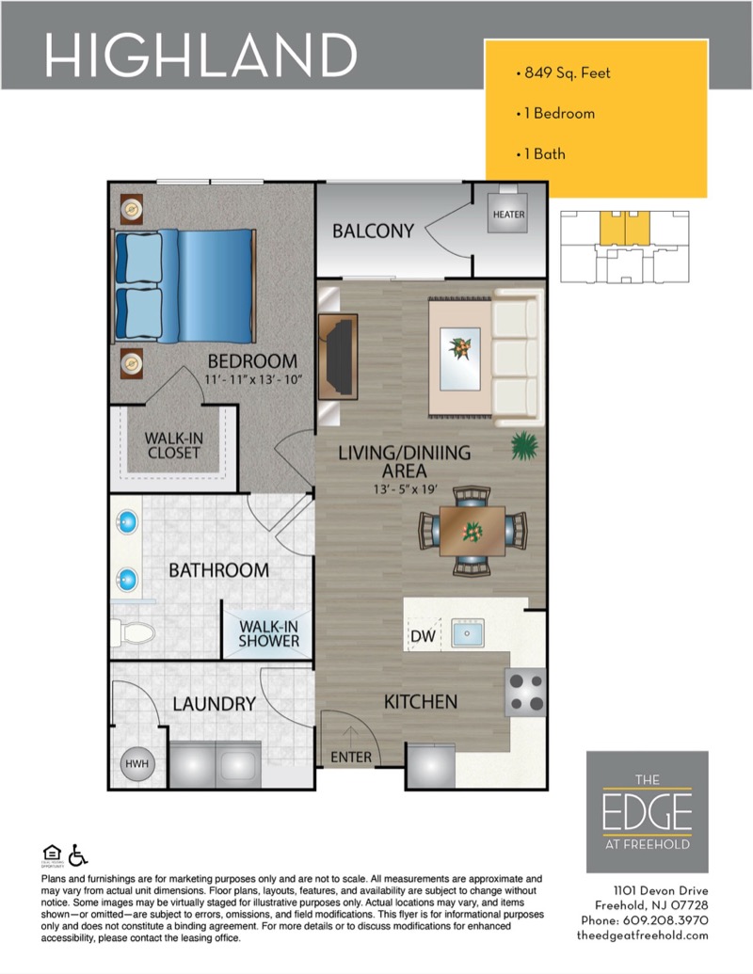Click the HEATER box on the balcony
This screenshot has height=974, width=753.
click(x=508, y=213)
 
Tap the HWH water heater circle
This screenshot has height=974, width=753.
click(x=136, y=763)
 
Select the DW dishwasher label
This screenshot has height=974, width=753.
click(x=424, y=636)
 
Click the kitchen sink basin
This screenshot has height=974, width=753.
click(x=467, y=632)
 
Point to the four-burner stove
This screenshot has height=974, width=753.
click(x=525, y=693)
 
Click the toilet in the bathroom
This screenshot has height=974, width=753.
click(x=133, y=633)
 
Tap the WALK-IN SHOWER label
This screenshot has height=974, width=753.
click(x=268, y=633)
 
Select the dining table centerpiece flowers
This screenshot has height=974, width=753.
click(x=473, y=531)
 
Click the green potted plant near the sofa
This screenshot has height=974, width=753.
click(x=523, y=445)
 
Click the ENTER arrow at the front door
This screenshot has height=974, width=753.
click(x=351, y=737)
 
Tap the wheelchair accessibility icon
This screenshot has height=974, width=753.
click(x=78, y=854)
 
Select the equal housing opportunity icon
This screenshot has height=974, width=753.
click(x=52, y=854)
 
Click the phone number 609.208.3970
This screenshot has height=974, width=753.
click(x=665, y=920)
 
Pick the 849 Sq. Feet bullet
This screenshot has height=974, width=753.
click(x=563, y=72)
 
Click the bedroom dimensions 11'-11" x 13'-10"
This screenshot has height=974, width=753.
click(x=253, y=379)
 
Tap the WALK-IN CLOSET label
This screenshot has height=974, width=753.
click(x=173, y=445)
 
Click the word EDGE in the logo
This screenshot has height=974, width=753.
click(x=647, y=811)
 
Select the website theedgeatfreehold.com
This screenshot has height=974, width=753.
click(x=643, y=934)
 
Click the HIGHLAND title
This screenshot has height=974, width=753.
click(x=200, y=55)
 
